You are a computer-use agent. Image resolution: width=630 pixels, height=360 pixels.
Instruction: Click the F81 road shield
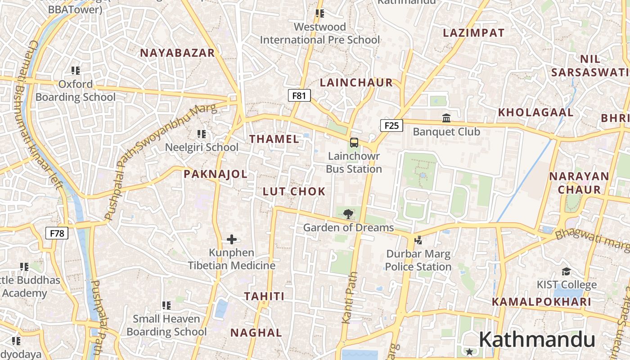(x=299, y=95)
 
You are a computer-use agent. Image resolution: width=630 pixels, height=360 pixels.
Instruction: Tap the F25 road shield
(x=391, y=126)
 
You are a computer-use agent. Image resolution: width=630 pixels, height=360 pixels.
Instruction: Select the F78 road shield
(x=57, y=233)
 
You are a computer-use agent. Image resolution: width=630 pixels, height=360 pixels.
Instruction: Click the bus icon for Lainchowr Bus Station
(x=354, y=143)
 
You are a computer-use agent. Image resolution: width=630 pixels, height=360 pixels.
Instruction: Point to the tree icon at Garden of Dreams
(x=348, y=214)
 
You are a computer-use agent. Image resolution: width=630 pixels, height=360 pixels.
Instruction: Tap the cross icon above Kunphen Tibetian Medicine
(x=232, y=239)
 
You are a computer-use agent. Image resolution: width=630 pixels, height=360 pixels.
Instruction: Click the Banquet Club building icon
(x=446, y=118)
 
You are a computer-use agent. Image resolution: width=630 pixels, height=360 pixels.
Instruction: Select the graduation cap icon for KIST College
(x=567, y=271)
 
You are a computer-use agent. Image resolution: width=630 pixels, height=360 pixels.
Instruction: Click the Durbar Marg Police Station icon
(x=418, y=240)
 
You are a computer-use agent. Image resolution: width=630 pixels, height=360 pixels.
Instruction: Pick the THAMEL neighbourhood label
(x=274, y=139)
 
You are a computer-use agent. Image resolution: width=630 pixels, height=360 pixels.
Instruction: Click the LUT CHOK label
(x=294, y=192)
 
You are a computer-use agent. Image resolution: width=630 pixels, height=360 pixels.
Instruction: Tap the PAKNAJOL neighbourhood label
(x=216, y=174)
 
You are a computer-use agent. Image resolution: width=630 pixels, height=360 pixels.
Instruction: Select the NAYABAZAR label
(x=177, y=53)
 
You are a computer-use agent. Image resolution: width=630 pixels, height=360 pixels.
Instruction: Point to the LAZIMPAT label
(x=473, y=33)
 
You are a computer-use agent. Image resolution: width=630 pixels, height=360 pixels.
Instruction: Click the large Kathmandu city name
(x=536, y=340)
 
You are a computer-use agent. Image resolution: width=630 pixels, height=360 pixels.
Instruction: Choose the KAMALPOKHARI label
(x=541, y=302)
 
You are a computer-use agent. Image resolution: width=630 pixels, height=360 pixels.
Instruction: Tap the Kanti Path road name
(x=350, y=297)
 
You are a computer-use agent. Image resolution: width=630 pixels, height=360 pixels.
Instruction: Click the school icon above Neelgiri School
(x=202, y=134)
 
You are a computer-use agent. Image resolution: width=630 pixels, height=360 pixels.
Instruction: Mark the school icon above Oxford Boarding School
(x=76, y=70)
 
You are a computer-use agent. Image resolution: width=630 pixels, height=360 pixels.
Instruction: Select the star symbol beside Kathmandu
(x=469, y=351)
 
